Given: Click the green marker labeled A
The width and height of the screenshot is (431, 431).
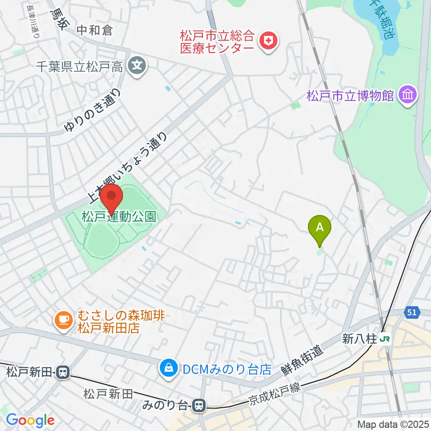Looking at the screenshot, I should pos(320,228).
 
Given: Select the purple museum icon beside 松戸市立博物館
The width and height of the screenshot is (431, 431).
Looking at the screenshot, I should pos(408,96).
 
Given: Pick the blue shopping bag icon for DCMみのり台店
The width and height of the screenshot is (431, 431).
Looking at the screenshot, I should pos(168,369).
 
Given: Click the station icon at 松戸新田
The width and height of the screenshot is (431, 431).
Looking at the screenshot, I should pos(63,372).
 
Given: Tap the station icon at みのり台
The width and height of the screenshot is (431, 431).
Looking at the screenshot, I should pos(198,406).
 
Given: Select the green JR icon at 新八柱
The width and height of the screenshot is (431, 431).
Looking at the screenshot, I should pos(385,339).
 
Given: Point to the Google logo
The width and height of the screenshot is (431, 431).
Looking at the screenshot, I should pos(30,420).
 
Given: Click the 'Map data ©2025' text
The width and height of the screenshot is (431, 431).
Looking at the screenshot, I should pos(393,424).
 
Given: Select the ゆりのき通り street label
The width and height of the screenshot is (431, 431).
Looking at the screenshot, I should pos(93,110).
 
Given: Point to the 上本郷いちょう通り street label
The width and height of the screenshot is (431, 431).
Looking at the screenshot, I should pos(128,165).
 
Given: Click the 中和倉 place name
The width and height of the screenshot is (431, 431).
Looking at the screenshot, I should pos(94,31).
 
